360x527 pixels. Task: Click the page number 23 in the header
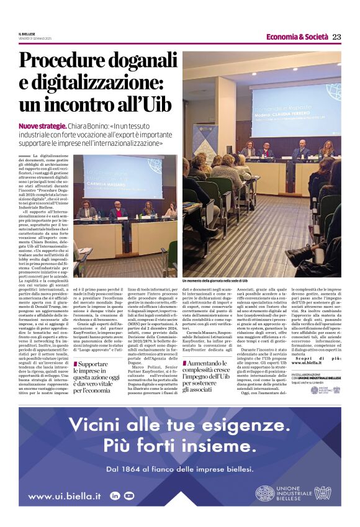336,37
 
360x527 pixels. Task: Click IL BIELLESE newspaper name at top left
27,34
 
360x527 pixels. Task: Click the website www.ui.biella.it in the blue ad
65,496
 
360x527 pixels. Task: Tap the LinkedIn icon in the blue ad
114,496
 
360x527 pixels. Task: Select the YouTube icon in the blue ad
129,496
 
